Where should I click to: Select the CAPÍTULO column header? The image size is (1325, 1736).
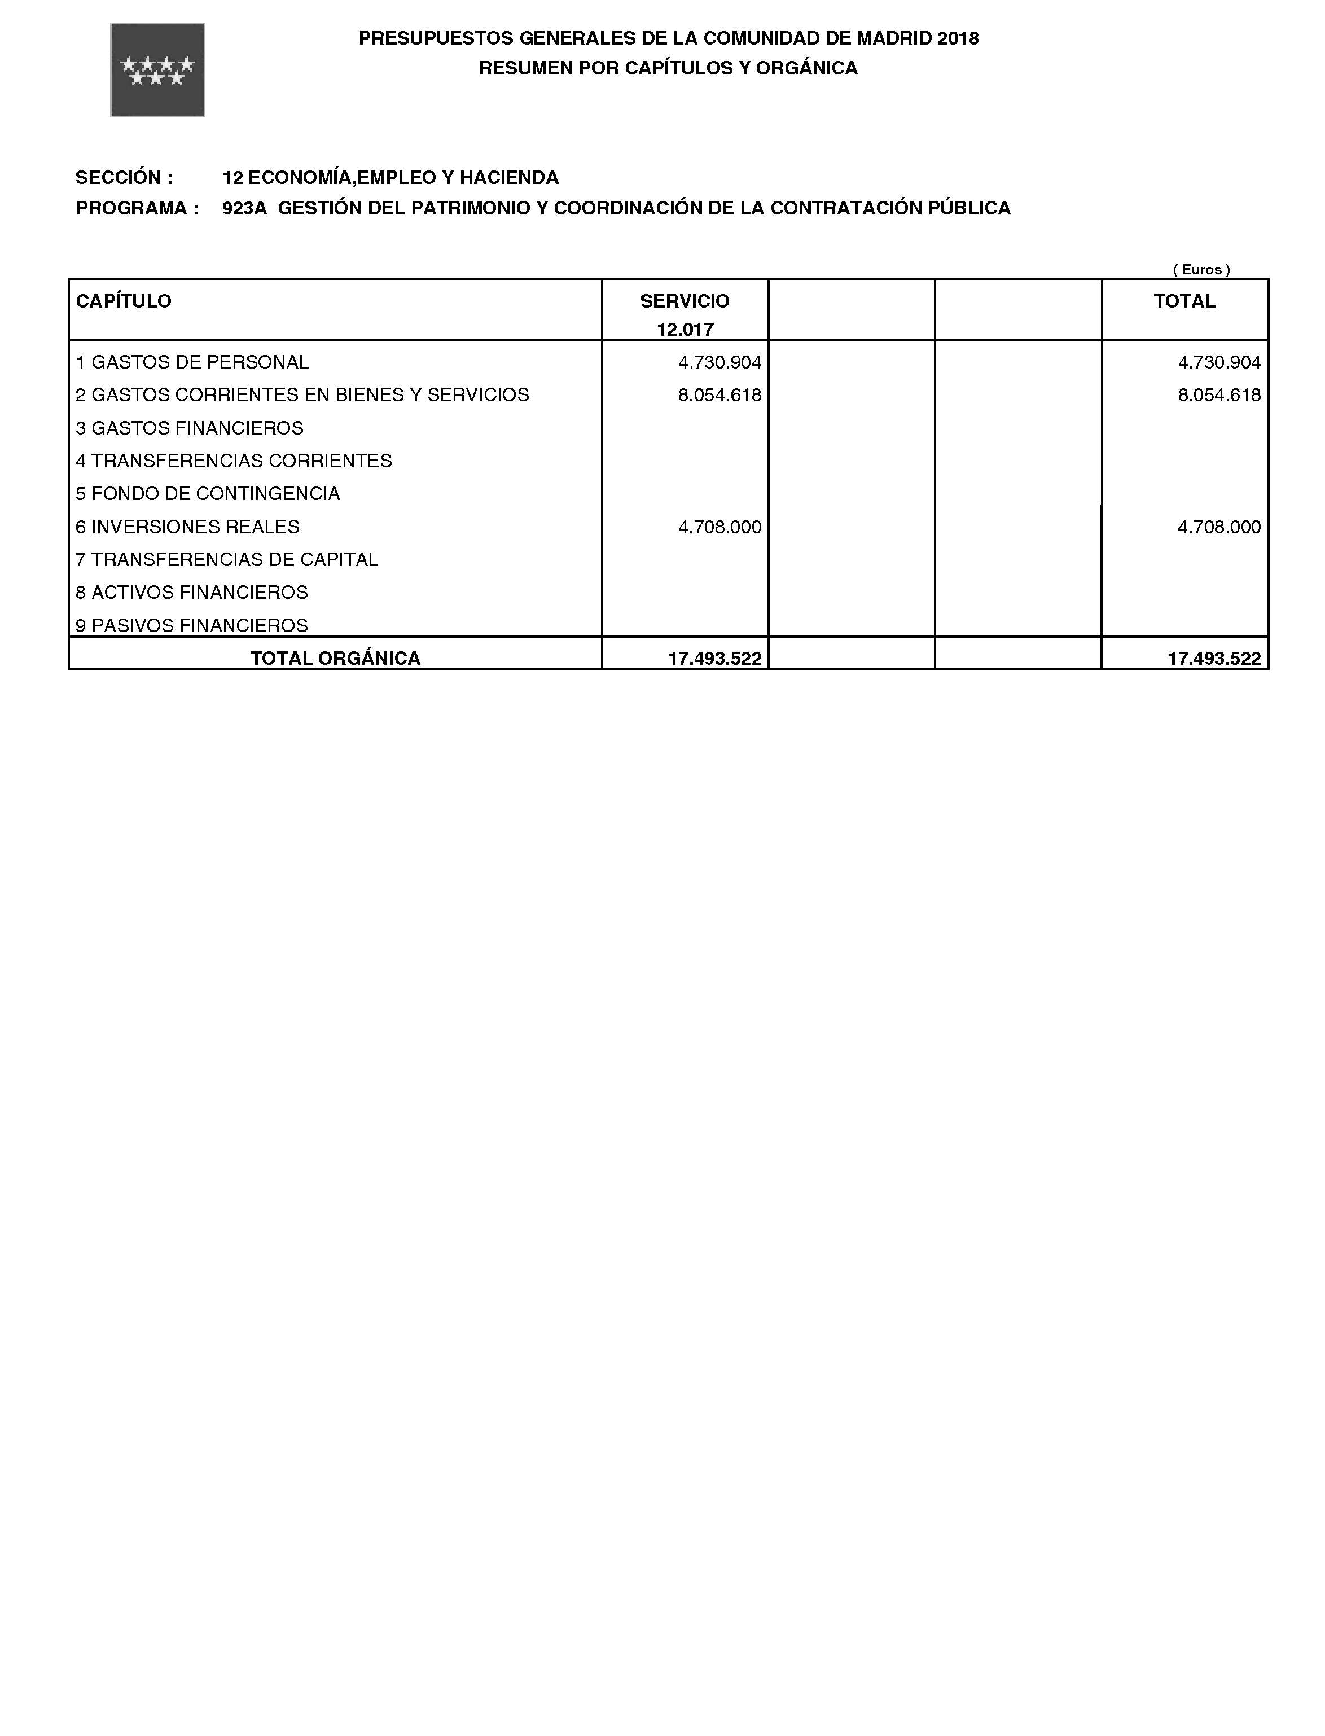(124, 301)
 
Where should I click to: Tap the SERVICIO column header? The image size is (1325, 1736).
(685, 301)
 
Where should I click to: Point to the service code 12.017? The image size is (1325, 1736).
(685, 330)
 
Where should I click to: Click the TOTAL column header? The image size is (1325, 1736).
(1184, 301)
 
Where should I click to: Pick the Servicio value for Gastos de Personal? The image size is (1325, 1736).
(719, 363)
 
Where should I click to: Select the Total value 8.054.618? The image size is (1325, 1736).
(1218, 395)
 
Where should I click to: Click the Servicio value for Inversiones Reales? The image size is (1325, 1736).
(719, 527)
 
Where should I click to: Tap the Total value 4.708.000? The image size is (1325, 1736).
(1218, 527)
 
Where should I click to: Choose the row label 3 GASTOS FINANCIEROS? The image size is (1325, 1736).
(189, 428)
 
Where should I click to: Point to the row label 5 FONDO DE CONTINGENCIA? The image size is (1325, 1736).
(208, 494)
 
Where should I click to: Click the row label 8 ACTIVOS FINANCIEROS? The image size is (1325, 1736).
(192, 593)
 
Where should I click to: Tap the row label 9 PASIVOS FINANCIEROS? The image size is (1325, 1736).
(192, 625)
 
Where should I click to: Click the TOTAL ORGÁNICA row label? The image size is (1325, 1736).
(335, 659)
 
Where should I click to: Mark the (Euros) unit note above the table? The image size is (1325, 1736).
(1201, 270)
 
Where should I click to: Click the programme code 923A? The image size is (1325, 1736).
(244, 208)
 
